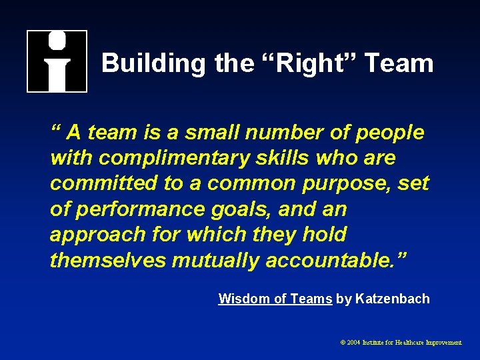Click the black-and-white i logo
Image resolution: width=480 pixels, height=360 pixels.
coord(57,61)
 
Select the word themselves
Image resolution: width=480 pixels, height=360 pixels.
coord(107,259)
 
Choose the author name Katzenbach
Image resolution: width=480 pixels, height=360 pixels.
coord(393,299)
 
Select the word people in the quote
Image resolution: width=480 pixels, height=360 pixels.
coord(390,133)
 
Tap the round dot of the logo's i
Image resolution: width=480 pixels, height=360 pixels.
coord(57,41)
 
